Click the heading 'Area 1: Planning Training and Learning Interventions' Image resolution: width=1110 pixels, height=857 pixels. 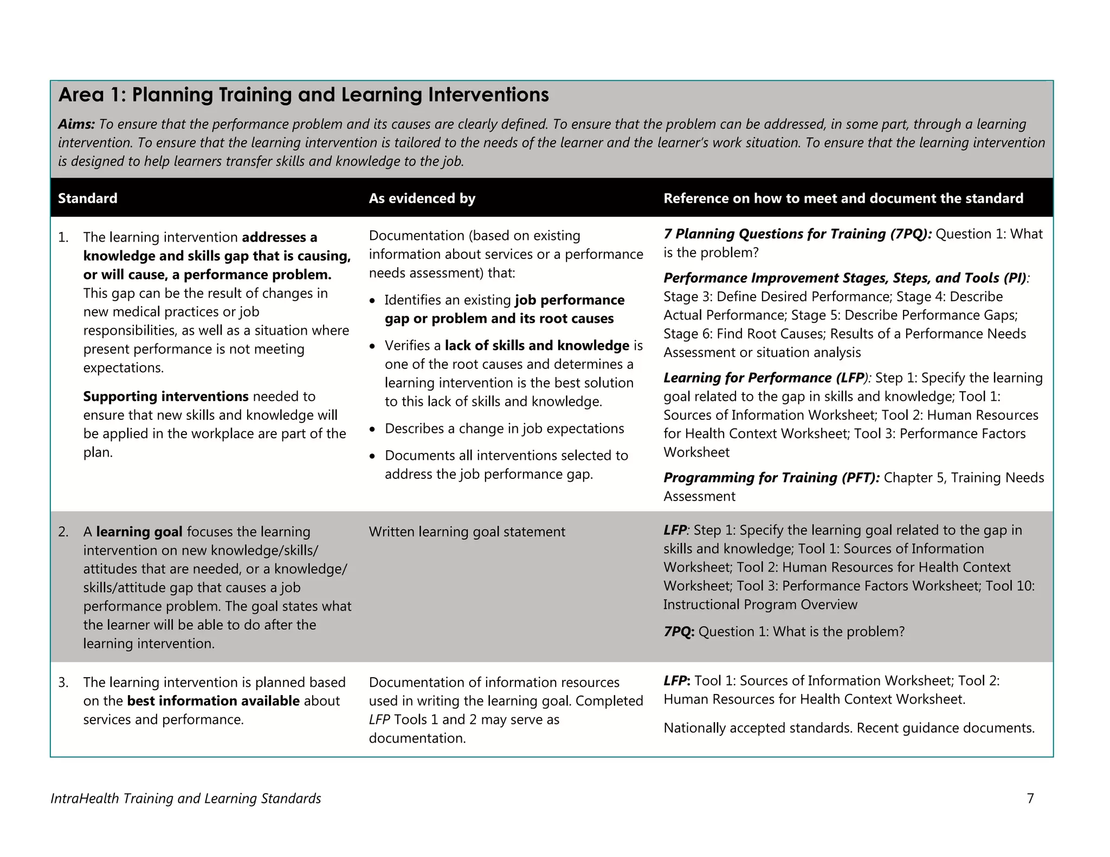pos(303,95)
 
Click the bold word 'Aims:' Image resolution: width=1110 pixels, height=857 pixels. pos(76,125)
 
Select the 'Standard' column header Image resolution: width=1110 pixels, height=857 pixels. pos(87,198)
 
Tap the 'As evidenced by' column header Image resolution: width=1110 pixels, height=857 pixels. pos(422,198)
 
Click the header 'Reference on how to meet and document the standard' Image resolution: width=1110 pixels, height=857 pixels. pos(843,198)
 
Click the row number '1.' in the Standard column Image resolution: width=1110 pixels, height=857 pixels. pos(63,238)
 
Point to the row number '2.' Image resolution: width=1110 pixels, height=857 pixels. pos(63,532)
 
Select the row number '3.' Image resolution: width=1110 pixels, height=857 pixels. pos(63,683)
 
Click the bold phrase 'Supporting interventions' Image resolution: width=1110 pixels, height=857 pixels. pos(165,397)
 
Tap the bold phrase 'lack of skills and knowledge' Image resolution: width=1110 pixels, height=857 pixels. pos(537,346)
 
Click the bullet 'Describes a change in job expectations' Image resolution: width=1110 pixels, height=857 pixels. pos(504,428)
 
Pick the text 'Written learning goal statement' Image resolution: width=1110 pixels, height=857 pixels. pos(467,532)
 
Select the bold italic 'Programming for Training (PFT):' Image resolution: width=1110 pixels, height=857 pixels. pos(771,478)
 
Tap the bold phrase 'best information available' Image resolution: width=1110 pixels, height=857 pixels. pos(213,701)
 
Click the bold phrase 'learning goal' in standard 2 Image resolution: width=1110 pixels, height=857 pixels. pos(139,532)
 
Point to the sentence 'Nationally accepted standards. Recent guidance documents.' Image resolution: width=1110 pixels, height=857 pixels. pos(849,728)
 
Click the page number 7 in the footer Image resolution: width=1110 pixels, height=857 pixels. pos(1030,798)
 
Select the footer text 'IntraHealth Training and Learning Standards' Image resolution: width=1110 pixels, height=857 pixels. pos(185,798)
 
